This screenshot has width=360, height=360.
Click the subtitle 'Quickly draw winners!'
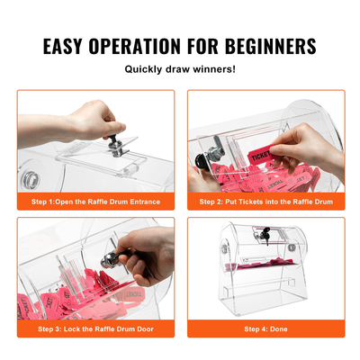(180, 69)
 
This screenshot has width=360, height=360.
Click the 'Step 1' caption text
(94, 202)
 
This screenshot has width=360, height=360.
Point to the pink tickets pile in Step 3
(54, 292)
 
